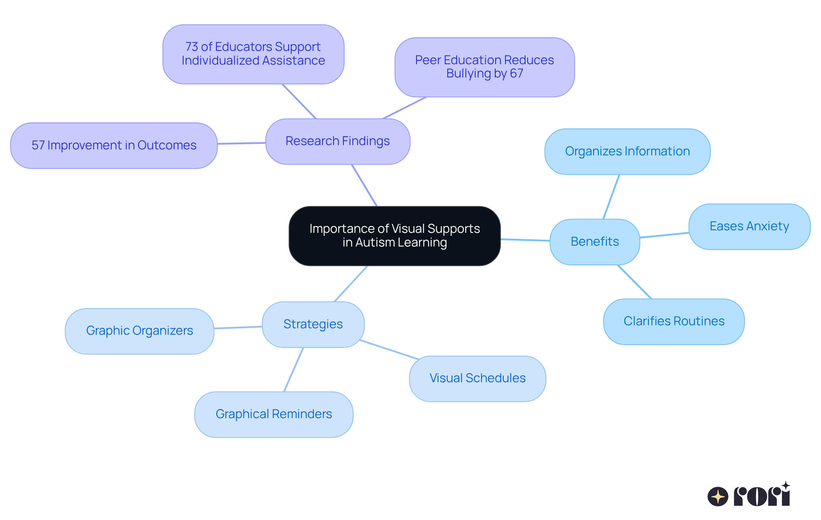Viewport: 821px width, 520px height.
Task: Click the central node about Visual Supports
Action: (x=394, y=236)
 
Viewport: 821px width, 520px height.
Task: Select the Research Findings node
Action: (x=337, y=141)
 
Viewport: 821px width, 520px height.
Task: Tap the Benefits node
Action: (x=594, y=242)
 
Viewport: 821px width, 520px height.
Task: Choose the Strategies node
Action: (x=313, y=324)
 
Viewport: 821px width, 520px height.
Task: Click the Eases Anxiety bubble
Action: (x=749, y=226)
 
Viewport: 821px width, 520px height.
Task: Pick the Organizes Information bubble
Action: (x=627, y=152)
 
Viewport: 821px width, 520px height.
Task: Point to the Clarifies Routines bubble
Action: (x=674, y=321)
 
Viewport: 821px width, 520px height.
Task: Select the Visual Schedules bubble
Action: (x=477, y=378)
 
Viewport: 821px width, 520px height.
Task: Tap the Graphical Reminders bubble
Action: (x=274, y=414)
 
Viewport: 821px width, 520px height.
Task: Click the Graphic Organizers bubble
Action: (x=139, y=331)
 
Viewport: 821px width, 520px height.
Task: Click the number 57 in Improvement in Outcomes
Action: (x=38, y=146)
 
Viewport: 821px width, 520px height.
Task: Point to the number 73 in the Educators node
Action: (x=192, y=47)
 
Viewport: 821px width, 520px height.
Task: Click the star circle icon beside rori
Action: (x=718, y=496)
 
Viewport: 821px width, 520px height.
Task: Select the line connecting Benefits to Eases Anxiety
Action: (x=664, y=235)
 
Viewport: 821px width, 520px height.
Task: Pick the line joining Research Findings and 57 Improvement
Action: (x=242, y=143)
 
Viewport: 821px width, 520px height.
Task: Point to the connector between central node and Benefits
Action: (x=525, y=240)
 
